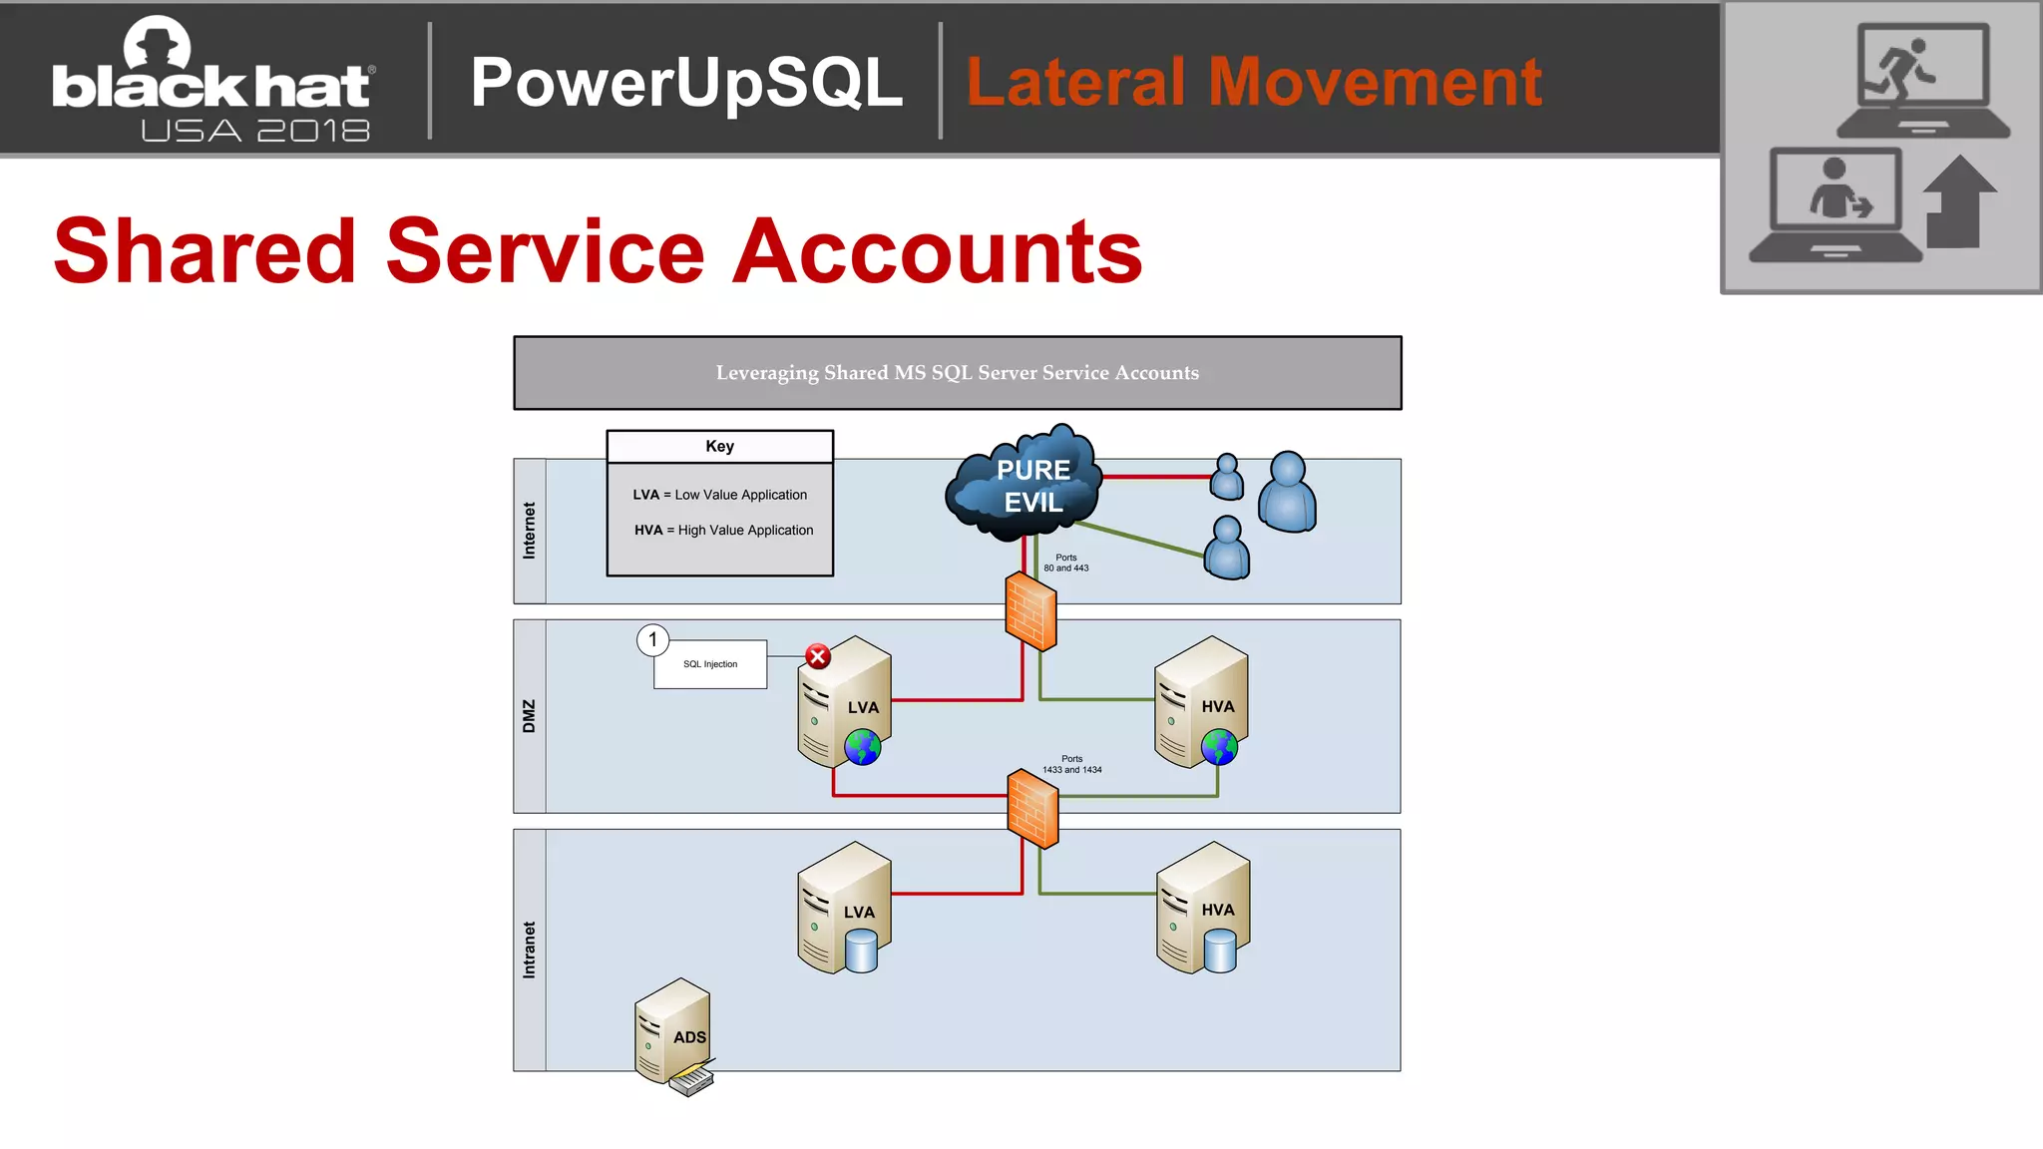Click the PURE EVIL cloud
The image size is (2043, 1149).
1027,485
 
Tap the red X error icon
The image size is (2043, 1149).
818,656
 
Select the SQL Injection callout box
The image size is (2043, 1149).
710,664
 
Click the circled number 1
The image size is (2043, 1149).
653,639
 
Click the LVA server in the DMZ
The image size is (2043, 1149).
844,703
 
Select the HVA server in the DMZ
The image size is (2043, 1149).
1201,703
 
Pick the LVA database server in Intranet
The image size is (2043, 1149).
844,908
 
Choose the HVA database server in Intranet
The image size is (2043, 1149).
1203,908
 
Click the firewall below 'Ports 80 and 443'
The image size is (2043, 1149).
1030,611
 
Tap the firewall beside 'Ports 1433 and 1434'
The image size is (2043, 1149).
1032,808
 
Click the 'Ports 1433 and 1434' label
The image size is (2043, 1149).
1072,764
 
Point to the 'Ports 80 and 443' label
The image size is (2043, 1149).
1066,563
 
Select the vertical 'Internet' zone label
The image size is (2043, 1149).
530,531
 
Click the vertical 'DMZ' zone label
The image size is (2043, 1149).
530,716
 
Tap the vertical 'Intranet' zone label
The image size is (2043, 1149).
530,950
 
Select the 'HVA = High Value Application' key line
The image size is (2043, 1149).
723,531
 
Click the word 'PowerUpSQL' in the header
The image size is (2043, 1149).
686,82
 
